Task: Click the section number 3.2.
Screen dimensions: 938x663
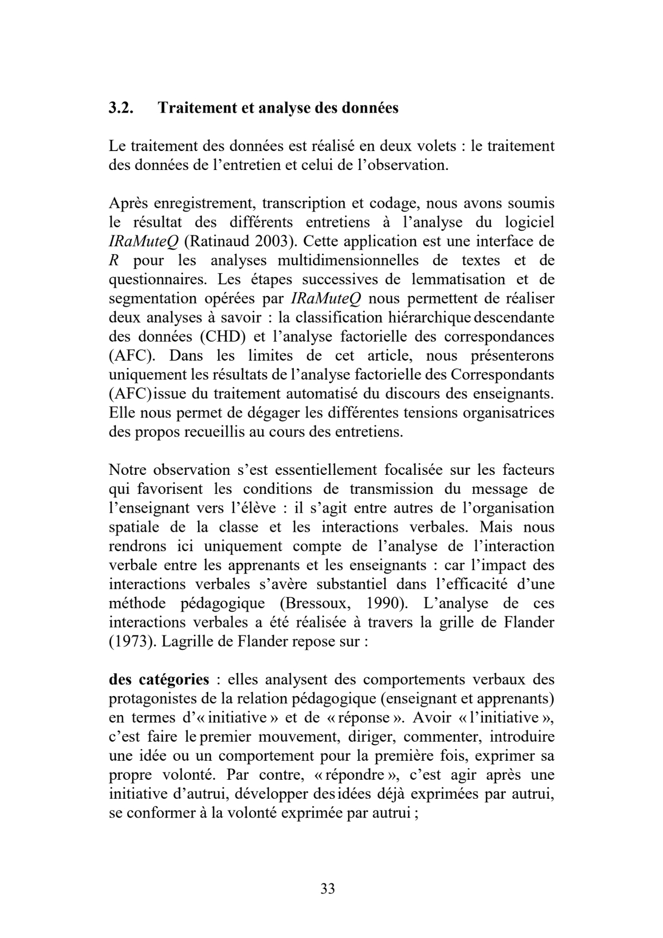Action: tap(120, 108)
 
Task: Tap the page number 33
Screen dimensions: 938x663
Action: tap(328, 888)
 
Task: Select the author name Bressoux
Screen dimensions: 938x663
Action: tap(302, 603)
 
